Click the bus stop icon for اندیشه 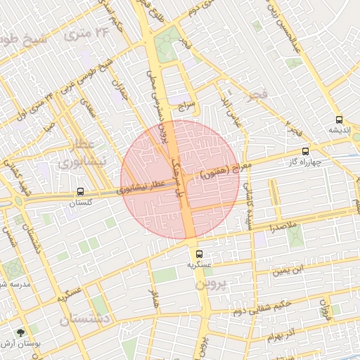[x=340, y=120]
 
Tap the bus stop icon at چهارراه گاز [x=305, y=151]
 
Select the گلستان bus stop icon [x=79, y=191]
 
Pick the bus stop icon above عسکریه [x=199, y=254]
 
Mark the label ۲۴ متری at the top [x=88, y=33]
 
